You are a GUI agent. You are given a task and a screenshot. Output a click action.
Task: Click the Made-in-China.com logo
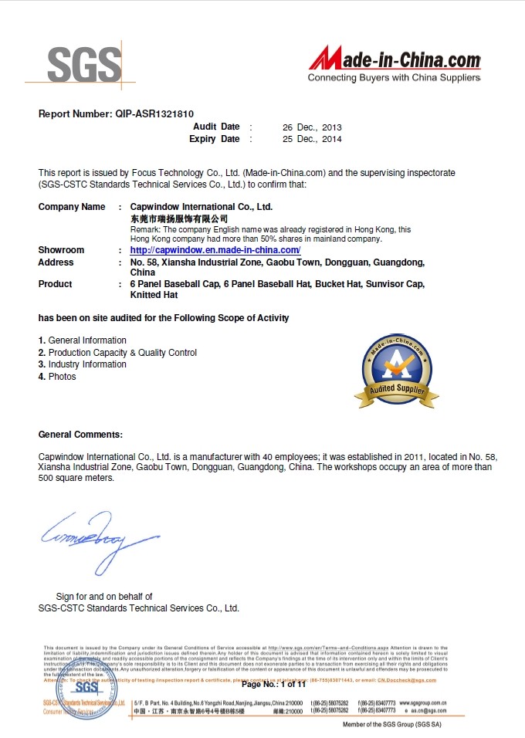click(x=395, y=60)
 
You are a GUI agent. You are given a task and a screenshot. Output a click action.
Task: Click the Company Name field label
click(x=72, y=207)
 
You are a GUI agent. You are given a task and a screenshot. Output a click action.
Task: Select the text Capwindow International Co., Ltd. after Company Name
click(x=202, y=207)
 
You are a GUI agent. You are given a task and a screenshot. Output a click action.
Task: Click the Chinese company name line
click(x=178, y=218)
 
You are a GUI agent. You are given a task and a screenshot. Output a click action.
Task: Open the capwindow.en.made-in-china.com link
click(x=215, y=250)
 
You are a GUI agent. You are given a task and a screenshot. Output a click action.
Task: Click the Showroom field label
click(x=61, y=250)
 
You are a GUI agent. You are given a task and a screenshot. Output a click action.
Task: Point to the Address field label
click(x=56, y=262)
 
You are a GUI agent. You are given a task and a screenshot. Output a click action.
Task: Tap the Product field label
click(x=55, y=284)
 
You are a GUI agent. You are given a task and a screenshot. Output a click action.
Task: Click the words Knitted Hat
click(x=154, y=295)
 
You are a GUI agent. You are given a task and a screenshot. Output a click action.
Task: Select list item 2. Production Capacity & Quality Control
click(x=117, y=352)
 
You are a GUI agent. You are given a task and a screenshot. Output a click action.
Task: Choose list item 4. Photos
click(x=57, y=376)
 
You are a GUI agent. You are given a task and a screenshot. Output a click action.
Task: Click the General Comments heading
click(x=80, y=435)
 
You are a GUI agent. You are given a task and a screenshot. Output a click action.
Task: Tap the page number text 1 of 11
click(x=293, y=684)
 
